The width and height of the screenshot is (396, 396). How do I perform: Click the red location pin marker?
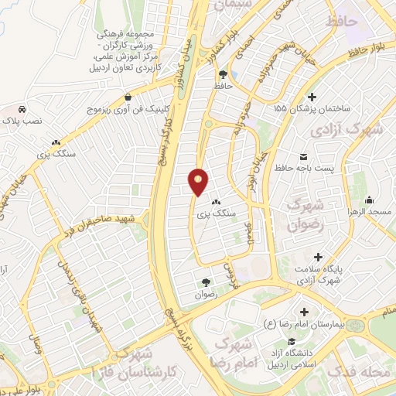click(199, 181)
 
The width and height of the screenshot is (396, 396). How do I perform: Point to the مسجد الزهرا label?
click(372, 211)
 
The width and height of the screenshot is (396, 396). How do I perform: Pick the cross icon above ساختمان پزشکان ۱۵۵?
click(312, 97)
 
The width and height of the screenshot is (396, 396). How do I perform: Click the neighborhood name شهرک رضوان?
click(302, 215)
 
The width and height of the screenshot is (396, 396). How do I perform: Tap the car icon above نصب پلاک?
click(22, 109)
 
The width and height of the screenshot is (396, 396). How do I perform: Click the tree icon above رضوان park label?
click(206, 282)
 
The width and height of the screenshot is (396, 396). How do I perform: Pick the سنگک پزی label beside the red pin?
click(219, 212)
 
